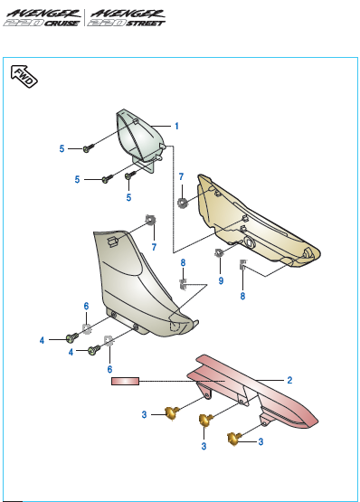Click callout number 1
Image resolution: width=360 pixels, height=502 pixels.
coord(177,126)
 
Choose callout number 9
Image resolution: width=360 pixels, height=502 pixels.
coord(220,281)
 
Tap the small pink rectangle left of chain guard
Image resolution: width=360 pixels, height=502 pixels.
coord(125,382)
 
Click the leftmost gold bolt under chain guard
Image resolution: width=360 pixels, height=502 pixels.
coord(169,413)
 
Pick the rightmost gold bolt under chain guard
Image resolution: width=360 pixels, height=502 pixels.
coord(235,439)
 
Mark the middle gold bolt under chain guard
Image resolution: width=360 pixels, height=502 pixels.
coord(205,419)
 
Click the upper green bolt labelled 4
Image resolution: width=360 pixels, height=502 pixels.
coord(71,337)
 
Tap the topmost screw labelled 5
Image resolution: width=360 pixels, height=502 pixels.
coord(88,147)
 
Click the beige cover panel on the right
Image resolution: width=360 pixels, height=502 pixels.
coord(253,222)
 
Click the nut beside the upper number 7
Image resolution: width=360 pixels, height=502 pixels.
coord(183,201)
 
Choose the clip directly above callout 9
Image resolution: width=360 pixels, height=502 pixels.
coord(220,253)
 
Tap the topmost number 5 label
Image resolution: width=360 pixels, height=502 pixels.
coord(62,148)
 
